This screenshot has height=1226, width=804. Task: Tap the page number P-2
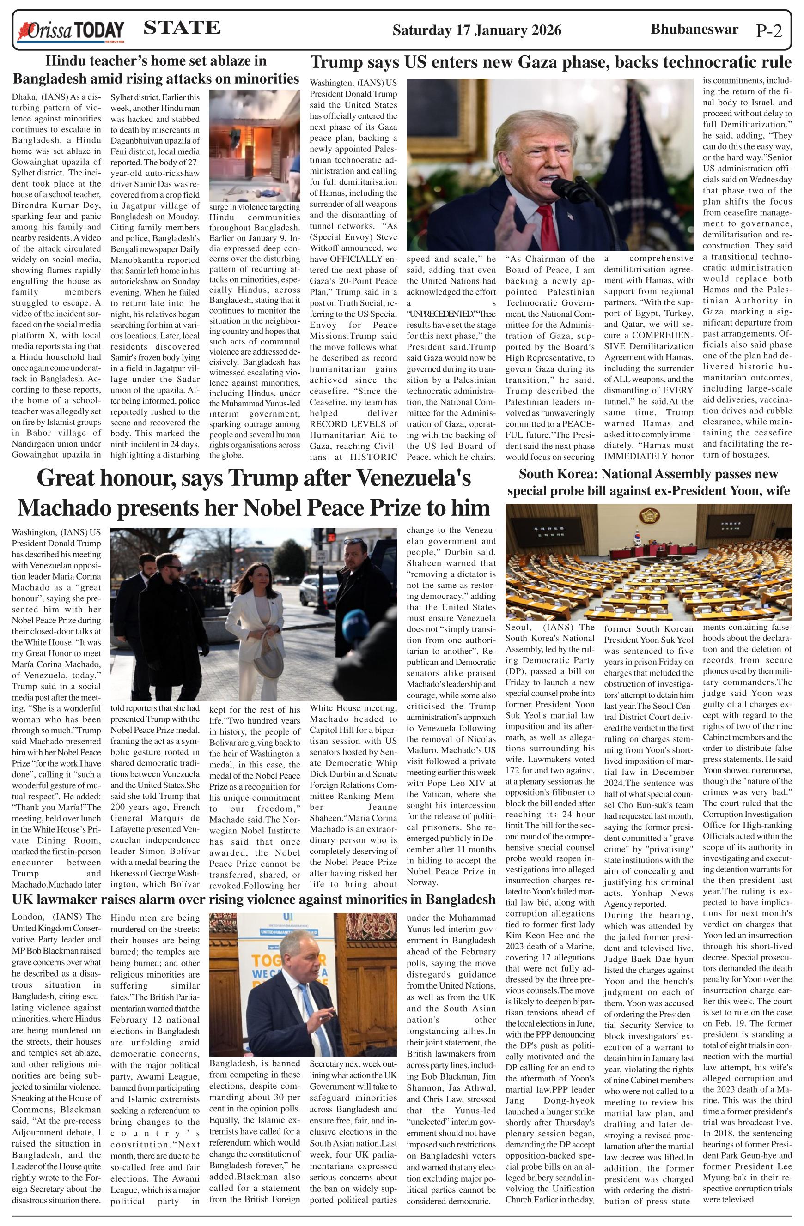[768, 31]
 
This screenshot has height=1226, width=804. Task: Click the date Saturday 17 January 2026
[477, 30]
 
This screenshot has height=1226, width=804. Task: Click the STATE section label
[182, 28]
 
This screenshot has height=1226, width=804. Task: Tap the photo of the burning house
[255, 145]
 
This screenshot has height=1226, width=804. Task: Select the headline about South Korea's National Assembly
[648, 482]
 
